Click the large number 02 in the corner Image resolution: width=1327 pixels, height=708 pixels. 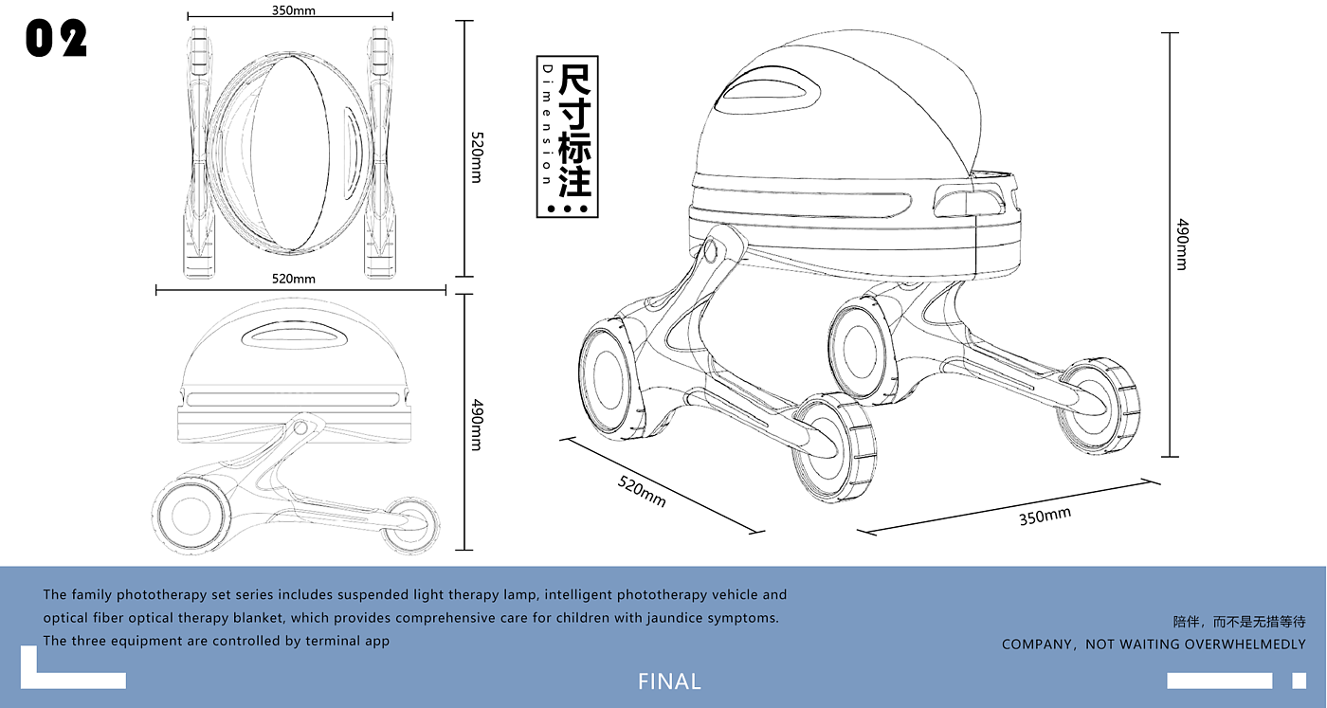[x=56, y=39]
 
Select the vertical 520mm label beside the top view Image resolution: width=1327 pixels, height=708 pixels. [x=476, y=157]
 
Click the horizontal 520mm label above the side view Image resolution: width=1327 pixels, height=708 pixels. [x=294, y=279]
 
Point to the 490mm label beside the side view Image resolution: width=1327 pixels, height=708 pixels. [x=476, y=424]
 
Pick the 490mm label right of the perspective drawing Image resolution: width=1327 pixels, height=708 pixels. [x=1181, y=244]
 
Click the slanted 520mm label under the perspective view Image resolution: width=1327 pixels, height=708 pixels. [x=642, y=490]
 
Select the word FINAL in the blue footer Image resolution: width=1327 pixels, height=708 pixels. [x=669, y=681]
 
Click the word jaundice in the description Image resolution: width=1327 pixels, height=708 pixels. [x=647, y=618]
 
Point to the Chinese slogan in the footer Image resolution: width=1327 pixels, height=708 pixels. [x=1239, y=623]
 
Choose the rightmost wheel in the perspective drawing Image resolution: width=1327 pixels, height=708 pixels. [x=1100, y=405]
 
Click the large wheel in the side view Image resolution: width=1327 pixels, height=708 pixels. [x=190, y=515]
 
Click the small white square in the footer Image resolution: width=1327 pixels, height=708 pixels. [x=1298, y=681]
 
